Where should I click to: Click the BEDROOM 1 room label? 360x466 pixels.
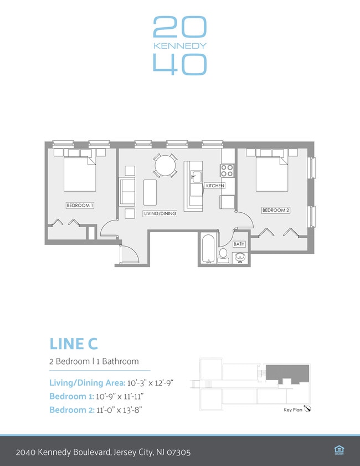(80, 206)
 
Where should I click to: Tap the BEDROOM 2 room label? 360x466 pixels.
(276, 210)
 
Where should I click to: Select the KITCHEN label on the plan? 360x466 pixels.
(215, 186)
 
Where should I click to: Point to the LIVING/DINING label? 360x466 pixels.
(160, 213)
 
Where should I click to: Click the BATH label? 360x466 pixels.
(239, 244)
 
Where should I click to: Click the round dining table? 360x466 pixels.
(166, 166)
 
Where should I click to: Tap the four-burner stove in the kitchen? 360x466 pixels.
(227, 171)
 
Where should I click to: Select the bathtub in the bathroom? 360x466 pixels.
(208, 249)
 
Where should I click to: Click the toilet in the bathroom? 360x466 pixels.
(223, 256)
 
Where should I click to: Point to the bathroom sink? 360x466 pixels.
(240, 257)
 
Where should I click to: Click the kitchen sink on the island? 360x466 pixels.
(196, 177)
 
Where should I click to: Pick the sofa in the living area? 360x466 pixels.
(127, 192)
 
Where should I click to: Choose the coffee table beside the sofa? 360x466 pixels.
(150, 192)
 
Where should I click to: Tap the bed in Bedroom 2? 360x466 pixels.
(272, 174)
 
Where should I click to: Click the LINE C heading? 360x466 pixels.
(73, 344)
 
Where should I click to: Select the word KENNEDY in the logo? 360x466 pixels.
(179, 46)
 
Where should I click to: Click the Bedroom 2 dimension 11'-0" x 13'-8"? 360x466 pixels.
(119, 410)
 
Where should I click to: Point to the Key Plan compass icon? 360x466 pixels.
(307, 409)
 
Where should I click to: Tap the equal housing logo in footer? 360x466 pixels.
(339, 450)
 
